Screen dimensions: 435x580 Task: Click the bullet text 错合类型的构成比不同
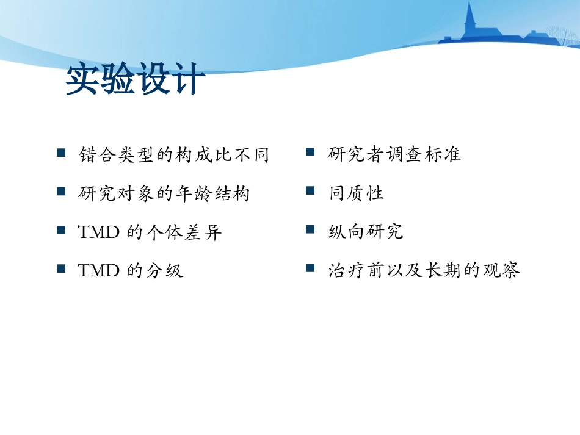pos(174,155)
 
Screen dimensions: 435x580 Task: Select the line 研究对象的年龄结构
pos(164,194)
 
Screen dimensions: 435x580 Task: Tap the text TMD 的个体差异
pos(150,232)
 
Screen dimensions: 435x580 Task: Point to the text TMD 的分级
pos(131,271)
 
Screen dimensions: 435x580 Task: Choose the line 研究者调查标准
pos(394,155)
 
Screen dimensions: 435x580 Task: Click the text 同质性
pos(356,194)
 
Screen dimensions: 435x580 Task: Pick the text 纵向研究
pos(365,232)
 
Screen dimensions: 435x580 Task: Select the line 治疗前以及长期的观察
pos(424,271)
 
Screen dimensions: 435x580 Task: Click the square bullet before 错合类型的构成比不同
pos(61,153)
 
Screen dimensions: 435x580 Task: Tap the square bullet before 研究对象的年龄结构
pos(61,192)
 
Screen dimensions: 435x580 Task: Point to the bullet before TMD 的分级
pos(61,268)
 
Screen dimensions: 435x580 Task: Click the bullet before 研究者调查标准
pos(310,153)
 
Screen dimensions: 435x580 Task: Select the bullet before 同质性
pos(310,192)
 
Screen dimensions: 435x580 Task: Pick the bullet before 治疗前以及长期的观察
pos(310,268)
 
